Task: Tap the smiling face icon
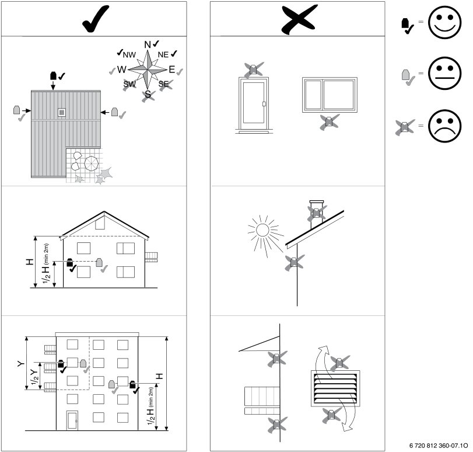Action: coord(444,22)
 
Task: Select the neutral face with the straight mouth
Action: coord(444,74)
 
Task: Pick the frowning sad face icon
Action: coord(444,126)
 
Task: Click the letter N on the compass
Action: coord(148,45)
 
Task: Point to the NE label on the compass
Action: coord(163,55)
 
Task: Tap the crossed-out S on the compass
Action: coord(148,95)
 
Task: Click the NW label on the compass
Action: coord(129,55)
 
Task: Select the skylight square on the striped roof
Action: coord(62,112)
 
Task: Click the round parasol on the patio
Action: coord(91,163)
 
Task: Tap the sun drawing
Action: coord(262,230)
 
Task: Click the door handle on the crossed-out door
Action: coord(264,104)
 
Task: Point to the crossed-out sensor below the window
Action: coord(330,122)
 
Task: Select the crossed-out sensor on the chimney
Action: coord(317,213)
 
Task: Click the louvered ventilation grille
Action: coord(335,388)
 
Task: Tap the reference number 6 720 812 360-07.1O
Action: coord(439,446)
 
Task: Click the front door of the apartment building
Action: coord(72,420)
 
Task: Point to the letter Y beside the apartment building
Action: coord(21,363)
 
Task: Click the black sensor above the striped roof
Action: coord(54,75)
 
